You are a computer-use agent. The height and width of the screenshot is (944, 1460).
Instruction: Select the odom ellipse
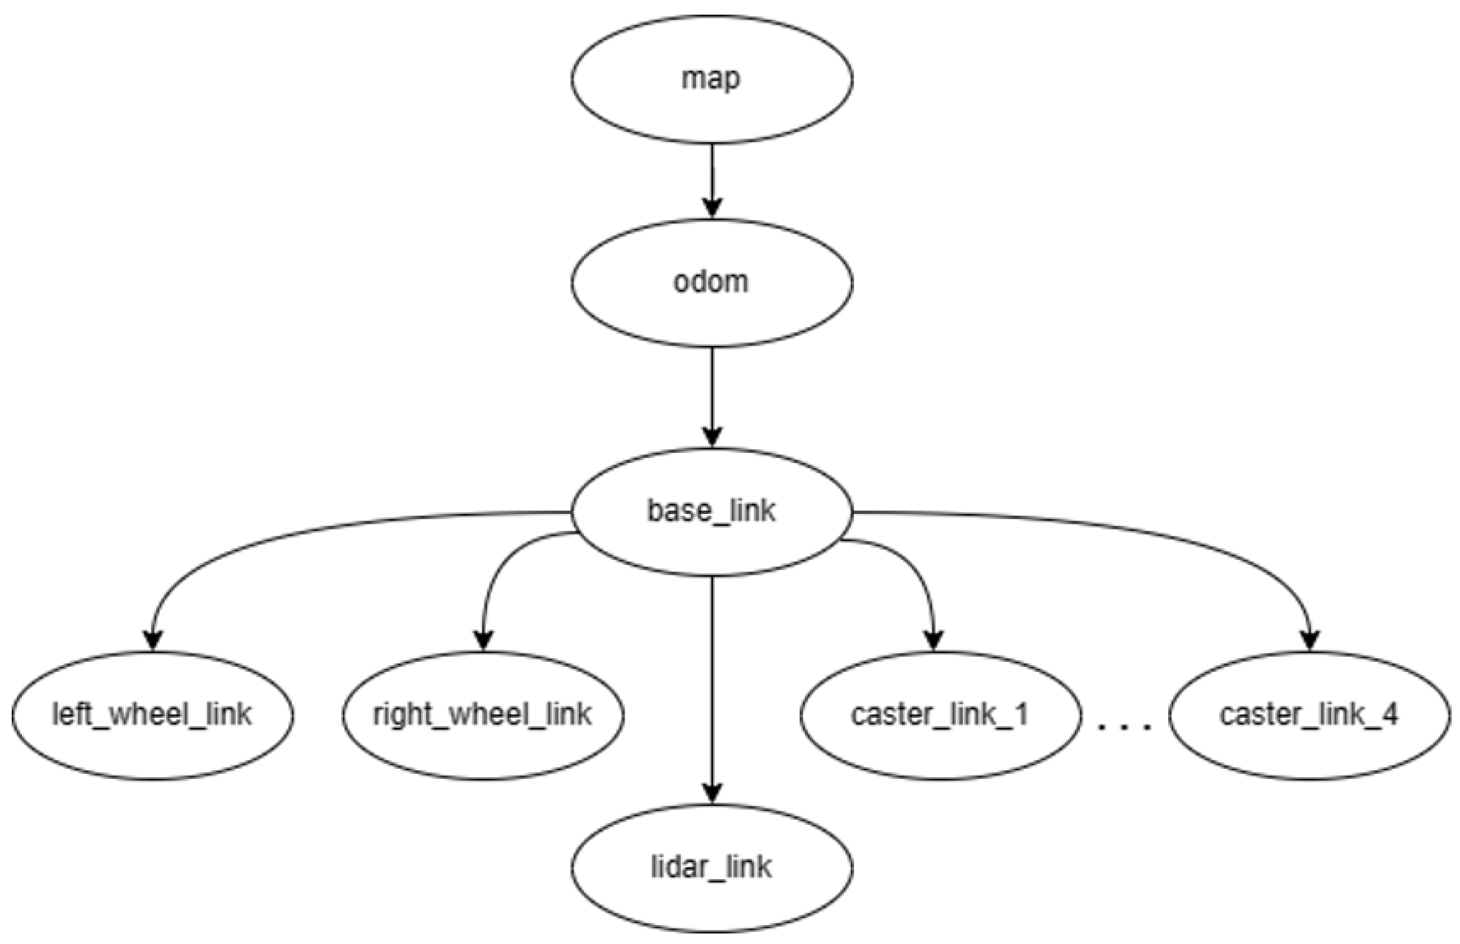tap(711, 283)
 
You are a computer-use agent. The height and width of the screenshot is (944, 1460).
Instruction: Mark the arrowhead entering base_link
tap(712, 437)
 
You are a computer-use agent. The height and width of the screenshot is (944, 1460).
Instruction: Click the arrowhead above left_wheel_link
tap(153, 640)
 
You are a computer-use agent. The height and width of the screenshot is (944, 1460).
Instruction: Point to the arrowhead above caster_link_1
tap(934, 640)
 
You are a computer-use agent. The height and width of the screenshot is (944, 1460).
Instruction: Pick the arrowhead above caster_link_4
tap(1310, 640)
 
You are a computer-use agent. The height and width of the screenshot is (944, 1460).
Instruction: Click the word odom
tap(711, 283)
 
